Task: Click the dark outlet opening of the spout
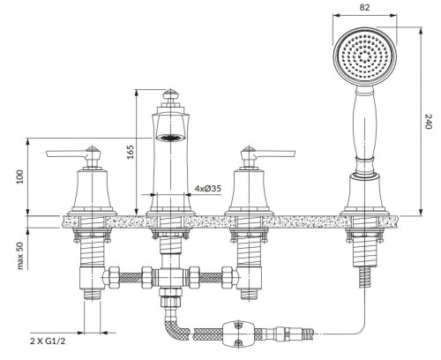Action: pos(169,138)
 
